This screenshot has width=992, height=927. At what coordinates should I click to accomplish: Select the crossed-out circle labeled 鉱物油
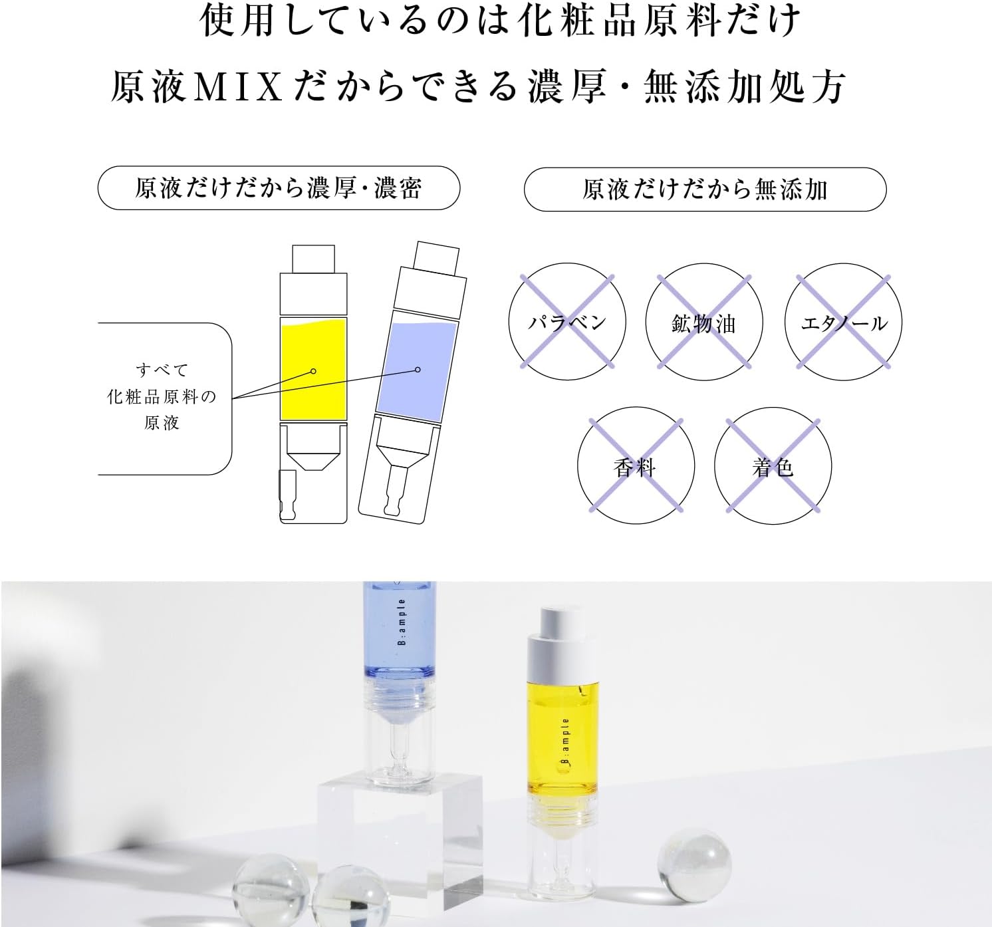click(704, 322)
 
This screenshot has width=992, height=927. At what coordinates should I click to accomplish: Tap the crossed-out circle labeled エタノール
click(843, 322)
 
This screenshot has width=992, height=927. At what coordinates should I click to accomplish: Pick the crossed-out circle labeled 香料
click(635, 466)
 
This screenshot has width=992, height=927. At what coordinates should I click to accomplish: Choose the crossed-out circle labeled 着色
click(773, 466)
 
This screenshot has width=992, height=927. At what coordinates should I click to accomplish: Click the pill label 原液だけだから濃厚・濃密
click(279, 188)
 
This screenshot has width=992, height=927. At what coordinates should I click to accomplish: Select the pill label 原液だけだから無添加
click(705, 190)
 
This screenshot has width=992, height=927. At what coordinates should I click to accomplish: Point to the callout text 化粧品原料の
click(162, 397)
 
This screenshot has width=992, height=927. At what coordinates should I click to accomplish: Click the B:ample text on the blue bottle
click(402, 622)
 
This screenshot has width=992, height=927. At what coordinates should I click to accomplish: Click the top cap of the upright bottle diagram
click(313, 259)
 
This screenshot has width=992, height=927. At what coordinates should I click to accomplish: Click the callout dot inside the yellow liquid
click(313, 371)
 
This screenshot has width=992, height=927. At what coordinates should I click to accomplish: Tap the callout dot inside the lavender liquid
click(418, 369)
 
